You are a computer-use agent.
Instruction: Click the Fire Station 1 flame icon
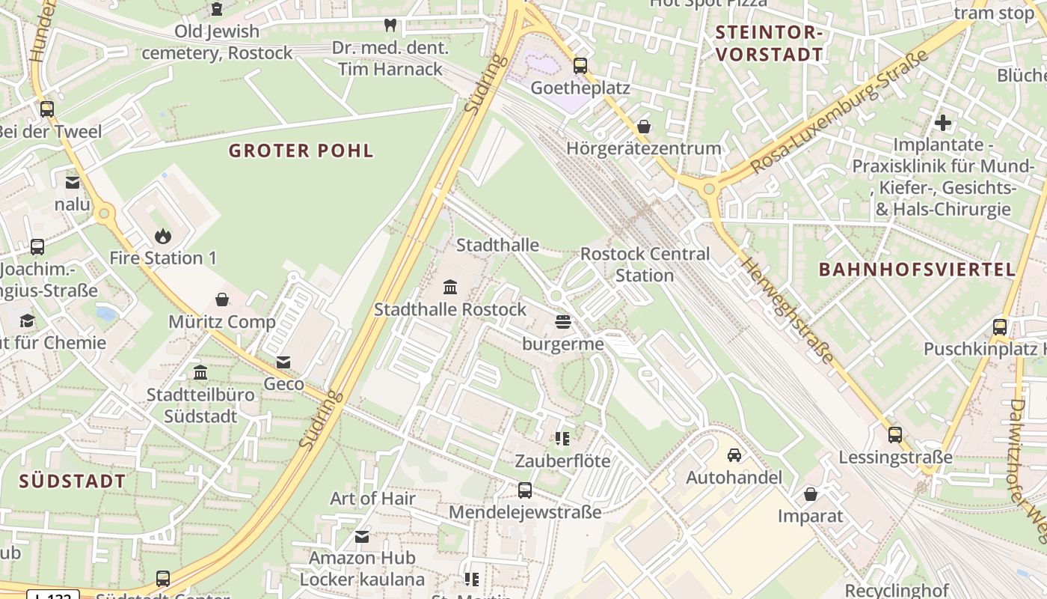click(x=163, y=237)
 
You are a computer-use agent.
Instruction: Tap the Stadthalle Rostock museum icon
click(x=450, y=288)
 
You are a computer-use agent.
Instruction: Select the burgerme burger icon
click(x=563, y=323)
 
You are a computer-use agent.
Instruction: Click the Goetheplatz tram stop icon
click(x=580, y=66)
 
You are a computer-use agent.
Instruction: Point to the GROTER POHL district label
click(x=301, y=150)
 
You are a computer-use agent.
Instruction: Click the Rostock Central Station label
click(x=645, y=264)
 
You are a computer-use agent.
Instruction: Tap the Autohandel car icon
click(x=734, y=455)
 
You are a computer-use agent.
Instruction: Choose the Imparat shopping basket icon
click(x=810, y=494)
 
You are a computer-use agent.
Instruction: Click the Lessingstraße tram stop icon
click(x=895, y=435)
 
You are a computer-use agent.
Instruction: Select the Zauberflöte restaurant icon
click(x=562, y=439)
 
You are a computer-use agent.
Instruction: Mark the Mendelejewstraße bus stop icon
click(x=525, y=490)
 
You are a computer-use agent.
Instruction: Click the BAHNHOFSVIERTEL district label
click(x=917, y=270)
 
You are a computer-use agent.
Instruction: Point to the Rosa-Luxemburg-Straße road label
click(x=839, y=112)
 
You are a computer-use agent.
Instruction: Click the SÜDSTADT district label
click(x=73, y=481)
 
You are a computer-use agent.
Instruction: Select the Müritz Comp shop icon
click(x=222, y=300)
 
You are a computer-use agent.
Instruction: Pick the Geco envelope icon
click(x=283, y=362)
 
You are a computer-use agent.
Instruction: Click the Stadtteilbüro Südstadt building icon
click(x=200, y=372)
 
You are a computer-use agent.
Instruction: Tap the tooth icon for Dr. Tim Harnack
click(x=390, y=25)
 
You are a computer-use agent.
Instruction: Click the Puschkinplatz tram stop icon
click(x=1000, y=327)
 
